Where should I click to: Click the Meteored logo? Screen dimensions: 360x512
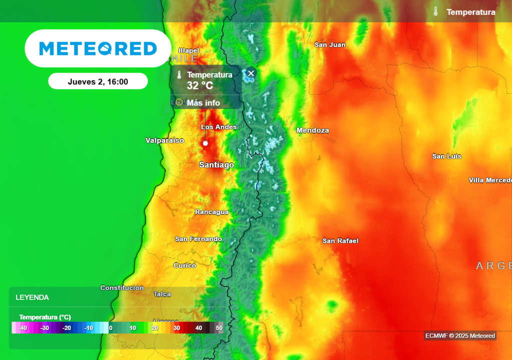[x=98, y=48]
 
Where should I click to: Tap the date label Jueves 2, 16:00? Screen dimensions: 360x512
[x=98, y=81]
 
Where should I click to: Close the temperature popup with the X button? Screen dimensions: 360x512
[x=251, y=73]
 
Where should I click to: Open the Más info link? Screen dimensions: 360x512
[x=203, y=103]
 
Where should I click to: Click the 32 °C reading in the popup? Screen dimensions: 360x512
[x=200, y=85]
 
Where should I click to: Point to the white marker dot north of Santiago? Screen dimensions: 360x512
[x=205, y=143]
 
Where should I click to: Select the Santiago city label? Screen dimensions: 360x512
[x=216, y=164]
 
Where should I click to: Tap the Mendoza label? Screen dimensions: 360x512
[x=312, y=130]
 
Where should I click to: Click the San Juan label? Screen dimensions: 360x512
[x=329, y=44]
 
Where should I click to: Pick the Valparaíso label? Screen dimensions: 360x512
[x=164, y=140]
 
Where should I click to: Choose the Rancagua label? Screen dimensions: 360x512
[x=211, y=212]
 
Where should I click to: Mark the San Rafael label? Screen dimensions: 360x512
[x=340, y=241]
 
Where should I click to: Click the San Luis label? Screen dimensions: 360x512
[x=446, y=156]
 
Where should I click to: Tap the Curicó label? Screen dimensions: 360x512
[x=184, y=265]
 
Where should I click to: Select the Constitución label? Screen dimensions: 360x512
[x=122, y=288]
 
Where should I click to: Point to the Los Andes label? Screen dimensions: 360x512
[x=218, y=127]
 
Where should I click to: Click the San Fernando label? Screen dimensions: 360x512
[x=198, y=239]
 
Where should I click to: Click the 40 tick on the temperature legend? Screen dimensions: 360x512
[x=198, y=328]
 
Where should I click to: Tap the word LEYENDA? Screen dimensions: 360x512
[x=32, y=297]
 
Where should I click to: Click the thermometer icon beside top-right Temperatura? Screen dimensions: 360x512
[x=435, y=12]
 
